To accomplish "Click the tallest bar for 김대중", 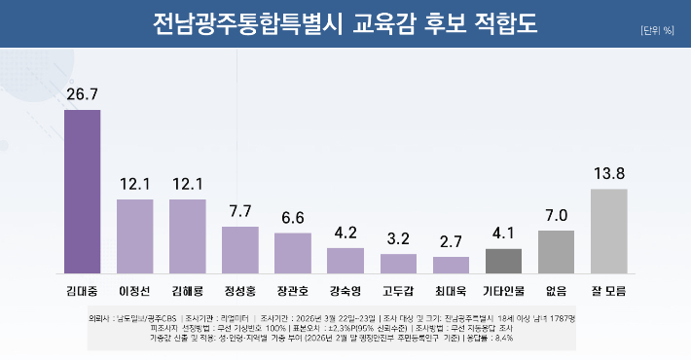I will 83,191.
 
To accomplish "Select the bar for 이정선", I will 135,235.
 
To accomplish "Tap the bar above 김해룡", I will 188,235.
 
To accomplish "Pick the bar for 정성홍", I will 240,249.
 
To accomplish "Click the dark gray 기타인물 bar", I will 503,260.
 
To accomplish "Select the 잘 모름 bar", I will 608,231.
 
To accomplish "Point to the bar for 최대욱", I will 451,264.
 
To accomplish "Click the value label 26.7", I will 83,93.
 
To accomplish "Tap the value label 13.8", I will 608,173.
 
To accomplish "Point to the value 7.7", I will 240,210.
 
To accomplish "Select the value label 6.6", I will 293,217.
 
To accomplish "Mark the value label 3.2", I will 398,237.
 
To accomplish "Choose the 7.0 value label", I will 556,214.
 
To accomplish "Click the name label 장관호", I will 293,290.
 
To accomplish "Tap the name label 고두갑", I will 398,290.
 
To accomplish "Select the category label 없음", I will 556,290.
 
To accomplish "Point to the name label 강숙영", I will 345,290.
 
